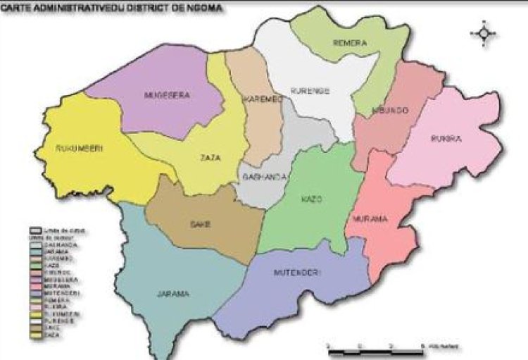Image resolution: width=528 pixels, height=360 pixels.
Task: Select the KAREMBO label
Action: click(x=263, y=100)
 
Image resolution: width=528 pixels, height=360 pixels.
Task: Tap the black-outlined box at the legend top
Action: click(x=33, y=230)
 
